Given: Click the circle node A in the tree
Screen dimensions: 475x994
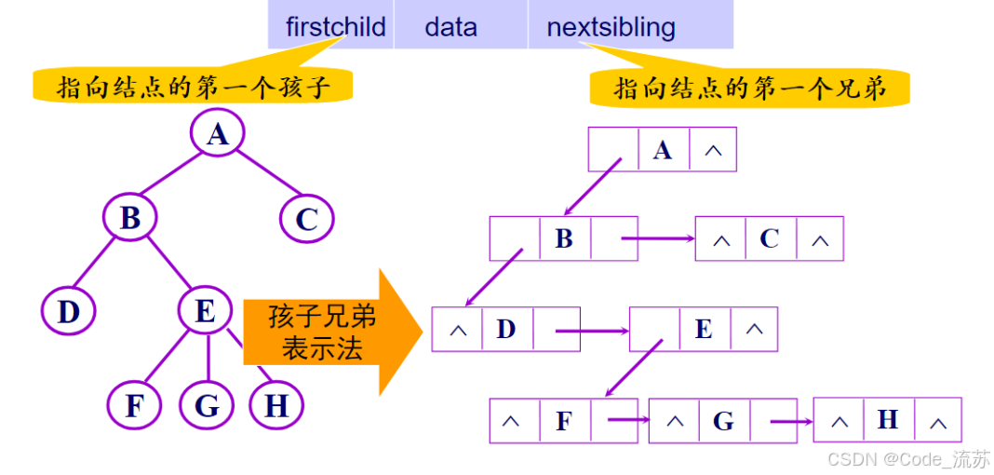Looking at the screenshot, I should [x=217, y=134].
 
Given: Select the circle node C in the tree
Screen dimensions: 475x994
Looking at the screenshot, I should [x=306, y=220].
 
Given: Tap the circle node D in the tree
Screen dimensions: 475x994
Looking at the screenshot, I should [x=69, y=311].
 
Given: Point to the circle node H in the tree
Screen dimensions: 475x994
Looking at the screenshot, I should [x=276, y=406].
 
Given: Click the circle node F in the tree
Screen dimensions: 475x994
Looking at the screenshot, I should [x=135, y=406].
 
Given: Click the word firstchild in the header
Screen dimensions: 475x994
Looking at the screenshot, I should [x=335, y=26].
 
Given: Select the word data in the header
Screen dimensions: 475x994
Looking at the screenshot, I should [x=450, y=26].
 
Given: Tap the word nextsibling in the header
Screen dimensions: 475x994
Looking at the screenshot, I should [x=611, y=26].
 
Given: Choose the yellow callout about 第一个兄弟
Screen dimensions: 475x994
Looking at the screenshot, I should [x=748, y=88].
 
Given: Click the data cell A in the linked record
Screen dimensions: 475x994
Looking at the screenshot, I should [x=663, y=150].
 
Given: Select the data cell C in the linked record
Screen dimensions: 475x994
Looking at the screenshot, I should [x=769, y=238].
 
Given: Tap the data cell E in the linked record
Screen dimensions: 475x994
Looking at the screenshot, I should [x=704, y=329].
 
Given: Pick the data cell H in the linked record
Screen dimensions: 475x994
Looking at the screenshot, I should [x=887, y=420].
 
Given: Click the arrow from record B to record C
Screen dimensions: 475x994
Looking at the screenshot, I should [x=657, y=238].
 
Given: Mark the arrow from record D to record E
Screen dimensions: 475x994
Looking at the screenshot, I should [x=592, y=330].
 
